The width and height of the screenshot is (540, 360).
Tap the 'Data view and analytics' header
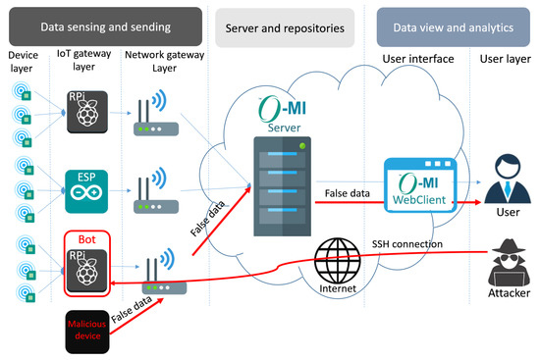[x=452, y=28]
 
